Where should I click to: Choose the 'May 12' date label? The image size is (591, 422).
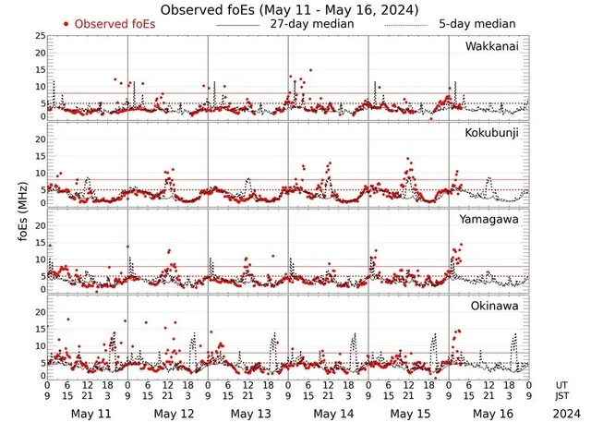coord(168,414)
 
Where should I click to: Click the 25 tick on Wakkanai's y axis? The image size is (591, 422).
coord(40,36)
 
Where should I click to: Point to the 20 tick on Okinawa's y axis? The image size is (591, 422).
coord(40,312)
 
